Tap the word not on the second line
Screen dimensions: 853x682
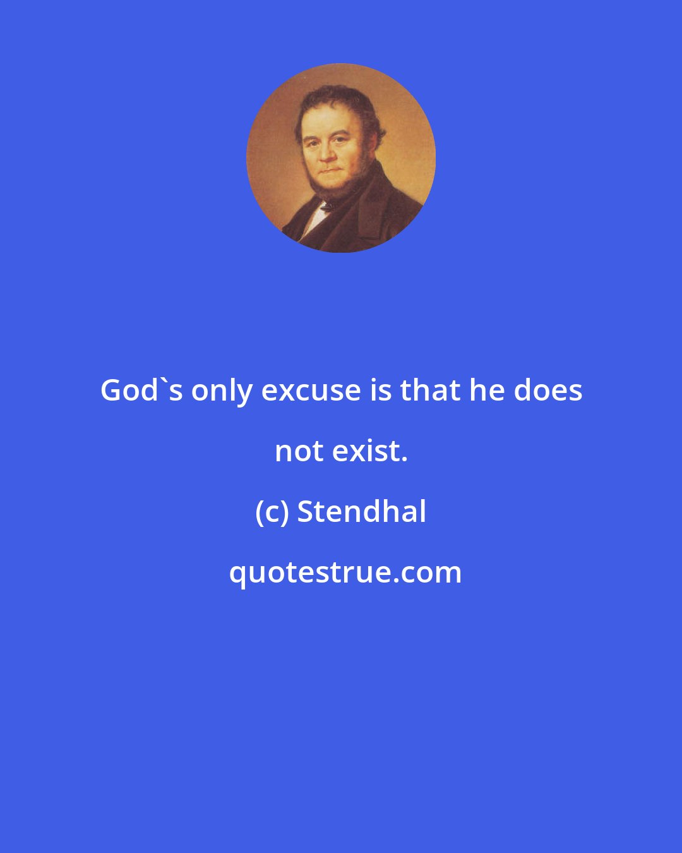(x=299, y=451)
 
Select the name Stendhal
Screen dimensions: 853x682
(x=362, y=511)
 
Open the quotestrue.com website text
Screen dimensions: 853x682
(x=345, y=573)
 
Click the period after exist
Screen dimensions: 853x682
(x=404, y=459)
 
